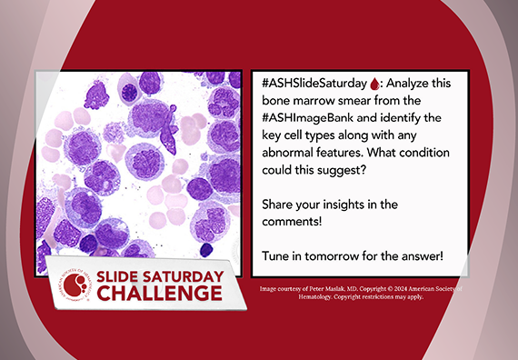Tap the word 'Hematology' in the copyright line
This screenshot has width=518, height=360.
(x=280, y=297)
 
